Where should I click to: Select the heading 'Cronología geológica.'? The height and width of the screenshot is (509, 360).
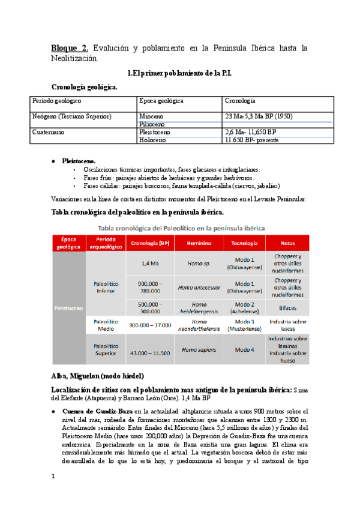click(x=85, y=87)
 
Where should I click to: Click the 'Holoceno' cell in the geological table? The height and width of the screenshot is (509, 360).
click(x=155, y=140)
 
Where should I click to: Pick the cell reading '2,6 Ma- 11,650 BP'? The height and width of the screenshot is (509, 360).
click(x=250, y=131)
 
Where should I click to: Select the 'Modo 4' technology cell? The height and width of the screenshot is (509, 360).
click(x=244, y=349)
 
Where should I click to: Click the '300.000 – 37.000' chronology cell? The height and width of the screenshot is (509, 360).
click(x=150, y=325)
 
